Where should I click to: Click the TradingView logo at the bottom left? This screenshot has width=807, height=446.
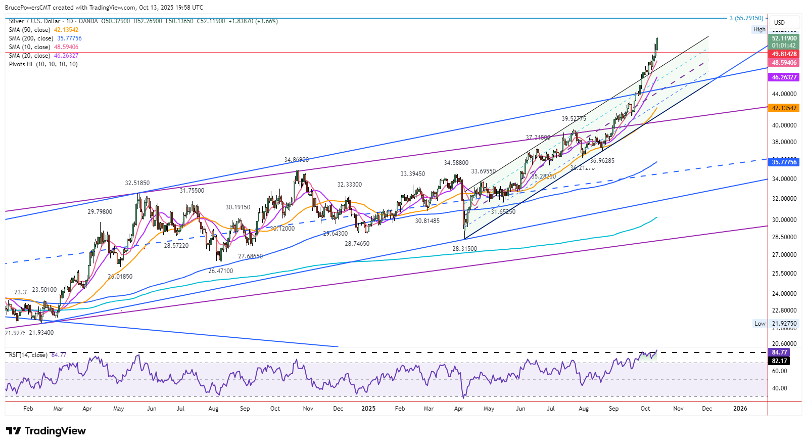click(46, 431)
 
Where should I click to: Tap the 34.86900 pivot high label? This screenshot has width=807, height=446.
click(296, 160)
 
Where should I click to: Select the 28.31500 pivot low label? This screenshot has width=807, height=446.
click(464, 249)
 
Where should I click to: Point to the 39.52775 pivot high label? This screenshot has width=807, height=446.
click(574, 119)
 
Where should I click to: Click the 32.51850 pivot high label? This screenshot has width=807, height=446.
click(137, 183)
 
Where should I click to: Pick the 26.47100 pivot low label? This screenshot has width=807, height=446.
click(221, 271)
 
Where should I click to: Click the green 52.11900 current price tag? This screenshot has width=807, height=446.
click(784, 38)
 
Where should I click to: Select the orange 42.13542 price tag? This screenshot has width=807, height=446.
click(784, 108)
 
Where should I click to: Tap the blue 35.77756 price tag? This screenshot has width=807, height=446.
click(784, 162)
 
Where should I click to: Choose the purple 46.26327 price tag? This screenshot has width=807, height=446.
click(784, 77)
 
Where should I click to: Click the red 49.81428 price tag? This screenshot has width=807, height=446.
click(784, 54)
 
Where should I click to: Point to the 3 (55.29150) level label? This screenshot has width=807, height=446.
click(746, 18)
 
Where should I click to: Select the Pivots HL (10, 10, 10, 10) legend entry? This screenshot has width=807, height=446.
click(43, 64)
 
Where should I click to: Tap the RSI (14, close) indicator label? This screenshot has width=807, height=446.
click(28, 355)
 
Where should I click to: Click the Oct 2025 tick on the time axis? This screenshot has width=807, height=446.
click(645, 409)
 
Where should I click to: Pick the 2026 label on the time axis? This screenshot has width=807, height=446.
click(740, 409)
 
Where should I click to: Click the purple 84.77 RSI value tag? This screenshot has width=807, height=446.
click(779, 352)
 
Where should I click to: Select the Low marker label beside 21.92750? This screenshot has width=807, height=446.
click(759, 324)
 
